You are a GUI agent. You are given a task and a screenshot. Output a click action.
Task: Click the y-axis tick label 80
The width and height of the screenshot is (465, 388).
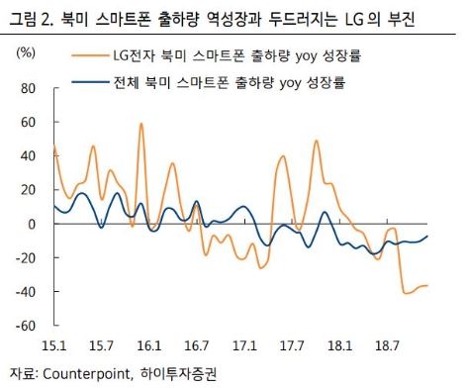27,89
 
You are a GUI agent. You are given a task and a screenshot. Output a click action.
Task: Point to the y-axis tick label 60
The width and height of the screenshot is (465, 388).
27,123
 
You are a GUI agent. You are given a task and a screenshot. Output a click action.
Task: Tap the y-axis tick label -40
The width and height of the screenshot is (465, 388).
24,292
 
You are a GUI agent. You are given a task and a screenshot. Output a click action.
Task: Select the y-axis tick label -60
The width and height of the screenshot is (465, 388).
24,326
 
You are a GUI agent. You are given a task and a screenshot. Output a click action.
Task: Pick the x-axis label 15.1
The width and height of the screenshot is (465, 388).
53,346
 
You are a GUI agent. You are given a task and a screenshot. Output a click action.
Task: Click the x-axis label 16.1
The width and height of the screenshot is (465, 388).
149,346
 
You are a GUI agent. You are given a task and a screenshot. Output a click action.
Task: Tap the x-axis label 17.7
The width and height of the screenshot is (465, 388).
292,346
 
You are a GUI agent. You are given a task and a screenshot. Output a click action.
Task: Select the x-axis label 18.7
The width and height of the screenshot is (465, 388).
387,346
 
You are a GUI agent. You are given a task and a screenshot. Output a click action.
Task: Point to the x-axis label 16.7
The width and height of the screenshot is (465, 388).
197,346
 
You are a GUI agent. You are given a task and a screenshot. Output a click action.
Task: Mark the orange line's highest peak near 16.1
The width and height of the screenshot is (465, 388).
141,125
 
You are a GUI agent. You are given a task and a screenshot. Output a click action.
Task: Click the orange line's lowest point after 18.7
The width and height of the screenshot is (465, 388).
407,293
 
